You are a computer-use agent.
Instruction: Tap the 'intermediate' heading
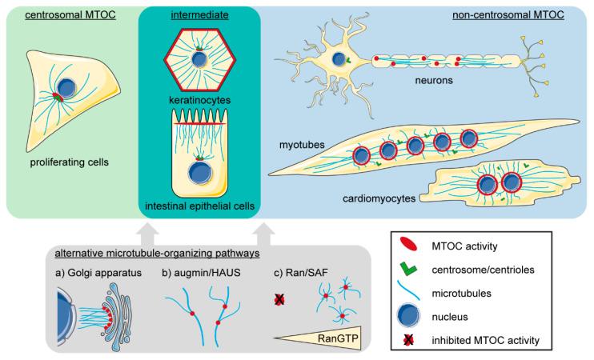coord(197,14)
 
